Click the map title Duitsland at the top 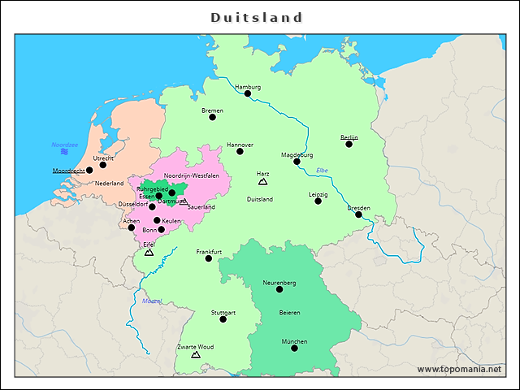[257, 17]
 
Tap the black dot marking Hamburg [248, 93]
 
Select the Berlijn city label [349, 137]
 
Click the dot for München [294, 349]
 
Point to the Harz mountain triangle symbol [262, 183]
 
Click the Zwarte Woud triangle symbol [195, 355]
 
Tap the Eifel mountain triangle [149, 253]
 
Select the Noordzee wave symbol [63, 152]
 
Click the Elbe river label [323, 169]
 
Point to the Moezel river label [152, 301]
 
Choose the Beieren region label [290, 313]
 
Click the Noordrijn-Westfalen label [192, 175]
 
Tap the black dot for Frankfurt [209, 258]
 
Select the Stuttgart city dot [223, 319]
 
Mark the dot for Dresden [358, 214]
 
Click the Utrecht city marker [102, 165]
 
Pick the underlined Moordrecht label [68, 171]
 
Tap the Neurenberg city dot [279, 289]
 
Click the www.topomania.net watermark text [459, 369]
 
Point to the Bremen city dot [213, 117]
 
